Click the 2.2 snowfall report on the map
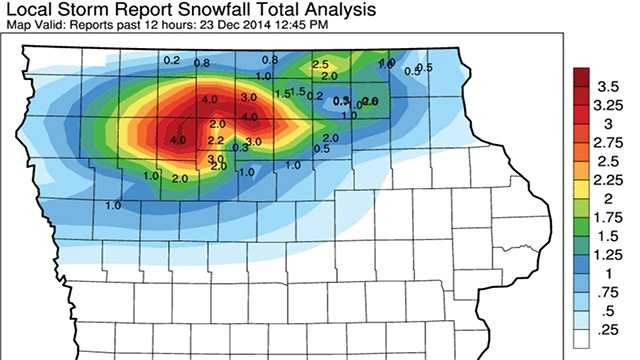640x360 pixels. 215,141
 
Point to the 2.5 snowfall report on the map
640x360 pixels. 322,65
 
